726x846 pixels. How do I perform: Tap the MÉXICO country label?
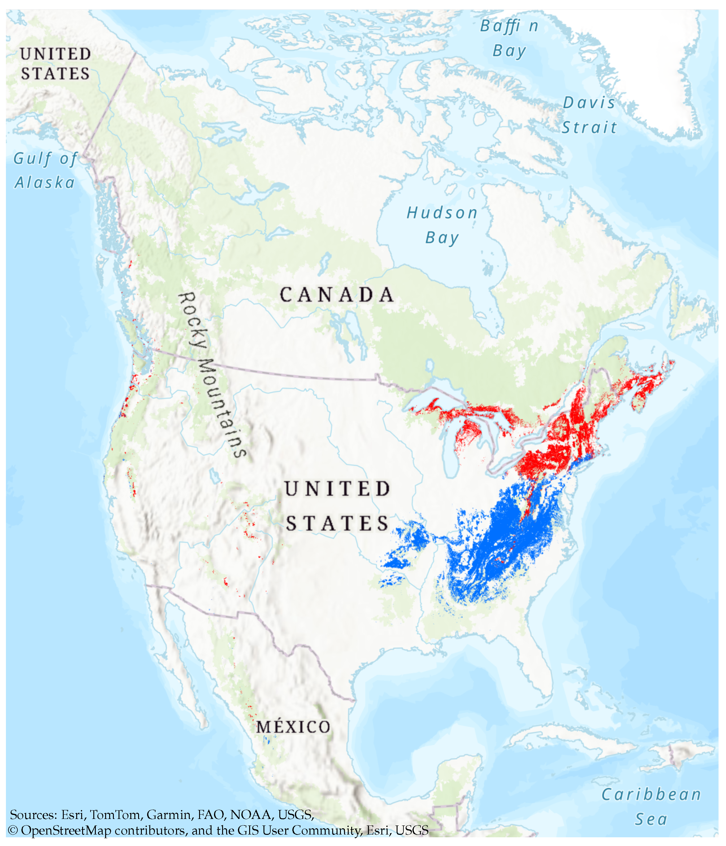[293, 727]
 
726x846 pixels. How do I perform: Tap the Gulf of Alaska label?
[45, 171]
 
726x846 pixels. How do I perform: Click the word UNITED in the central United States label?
[337, 489]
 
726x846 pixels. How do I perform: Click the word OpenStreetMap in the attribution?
[66, 830]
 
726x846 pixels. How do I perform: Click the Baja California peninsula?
[180, 670]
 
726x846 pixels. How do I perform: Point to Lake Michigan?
[449, 453]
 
